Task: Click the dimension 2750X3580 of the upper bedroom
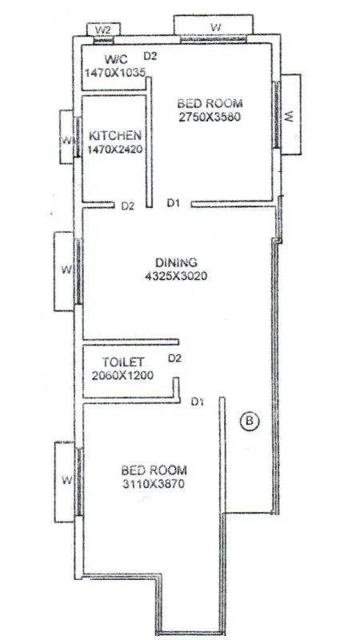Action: (x=209, y=117)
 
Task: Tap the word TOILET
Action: (x=122, y=362)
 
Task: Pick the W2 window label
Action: (x=102, y=30)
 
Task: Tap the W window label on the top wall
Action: (x=215, y=27)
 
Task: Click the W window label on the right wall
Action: (x=290, y=117)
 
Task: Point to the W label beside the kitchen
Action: (x=66, y=142)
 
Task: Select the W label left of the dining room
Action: (x=66, y=270)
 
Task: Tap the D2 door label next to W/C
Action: (x=150, y=55)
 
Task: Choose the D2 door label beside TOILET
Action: (x=175, y=358)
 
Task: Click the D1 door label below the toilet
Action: (x=197, y=401)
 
